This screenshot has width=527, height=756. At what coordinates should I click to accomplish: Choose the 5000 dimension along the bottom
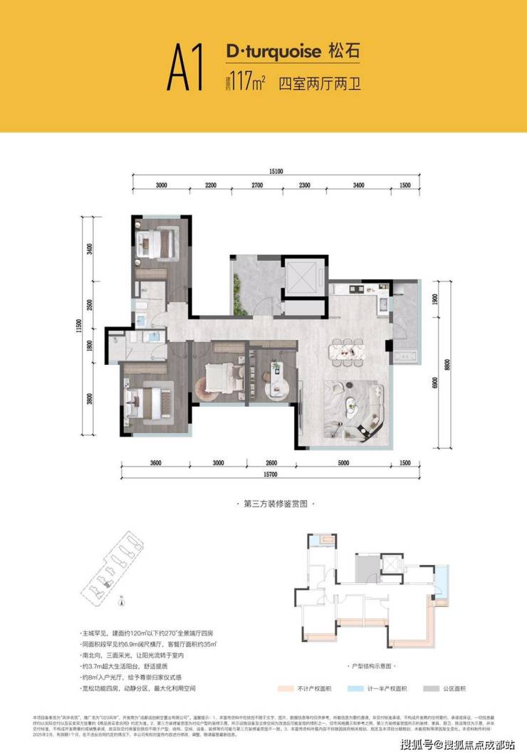[x=345, y=464]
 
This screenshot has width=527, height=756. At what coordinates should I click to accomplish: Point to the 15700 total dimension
[x=268, y=476]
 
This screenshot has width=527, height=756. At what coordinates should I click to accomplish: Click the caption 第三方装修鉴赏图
[x=264, y=504]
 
